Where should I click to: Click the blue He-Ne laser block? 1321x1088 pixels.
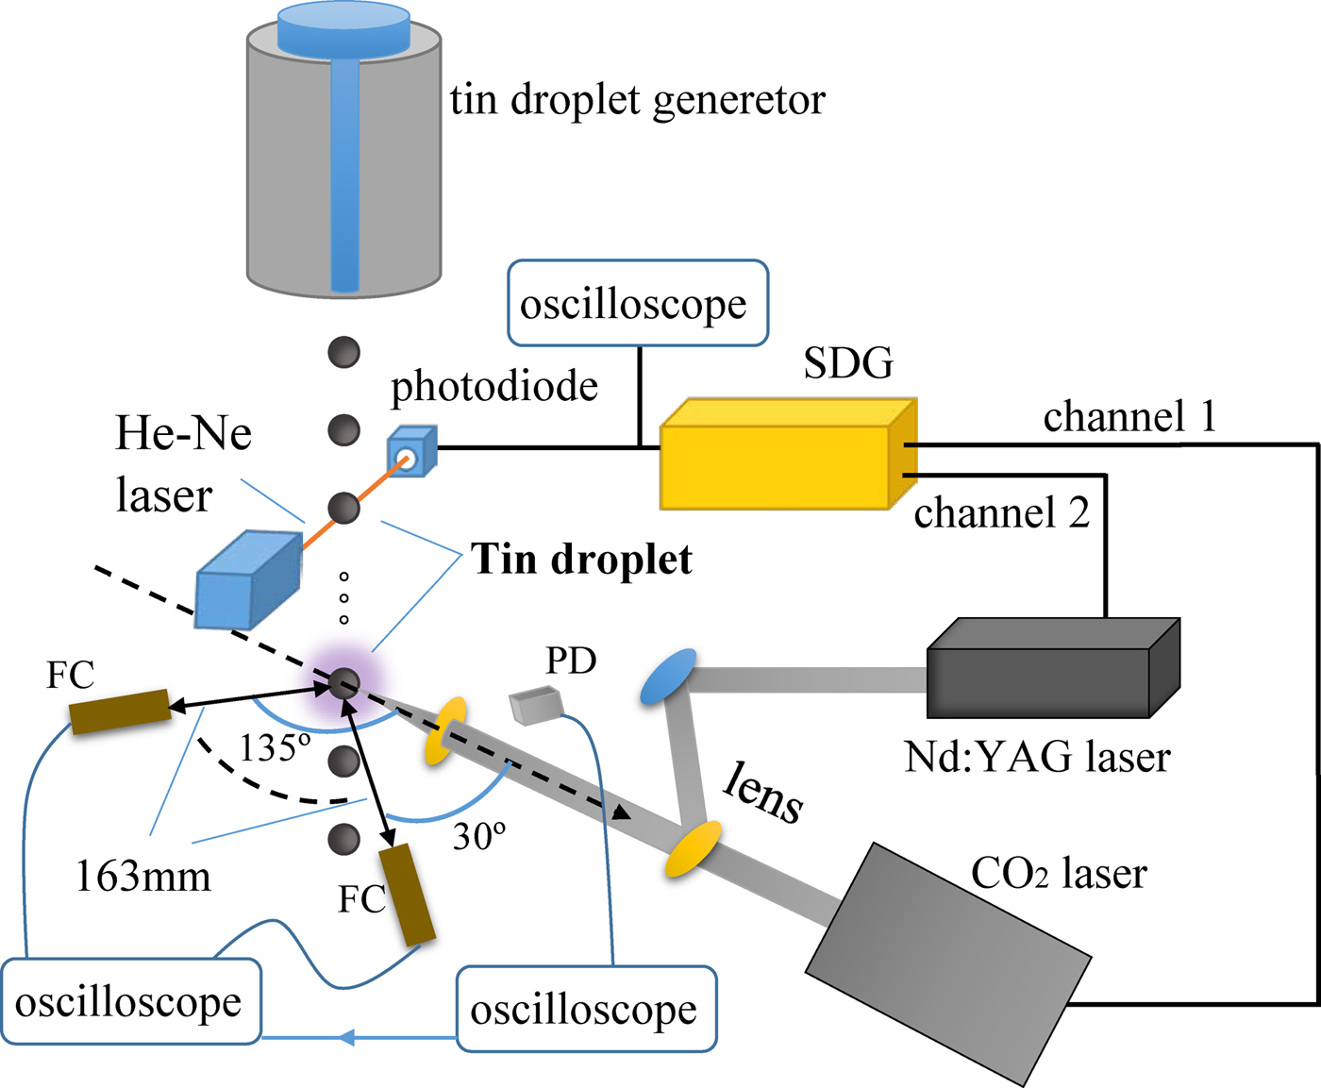[x=246, y=579]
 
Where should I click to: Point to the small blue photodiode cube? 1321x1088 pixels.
[x=411, y=451]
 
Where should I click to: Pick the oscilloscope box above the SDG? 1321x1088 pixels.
[x=638, y=304]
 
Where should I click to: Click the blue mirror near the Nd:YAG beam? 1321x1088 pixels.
[x=667, y=676]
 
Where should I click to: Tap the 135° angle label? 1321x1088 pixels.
[x=274, y=748]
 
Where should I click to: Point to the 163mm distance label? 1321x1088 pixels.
[x=143, y=878]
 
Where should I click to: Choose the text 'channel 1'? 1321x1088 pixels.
[x=1129, y=417]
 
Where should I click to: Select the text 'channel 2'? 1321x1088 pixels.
[x=1001, y=513]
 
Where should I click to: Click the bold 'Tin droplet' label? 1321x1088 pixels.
[x=581, y=560]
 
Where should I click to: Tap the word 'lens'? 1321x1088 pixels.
[x=762, y=794]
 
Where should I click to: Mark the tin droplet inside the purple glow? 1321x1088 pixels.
[x=343, y=683]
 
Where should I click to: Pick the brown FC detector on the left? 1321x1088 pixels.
[x=121, y=711]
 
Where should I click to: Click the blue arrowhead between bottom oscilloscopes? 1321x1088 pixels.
[x=346, y=1038]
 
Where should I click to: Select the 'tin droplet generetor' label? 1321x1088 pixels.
[x=637, y=100]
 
